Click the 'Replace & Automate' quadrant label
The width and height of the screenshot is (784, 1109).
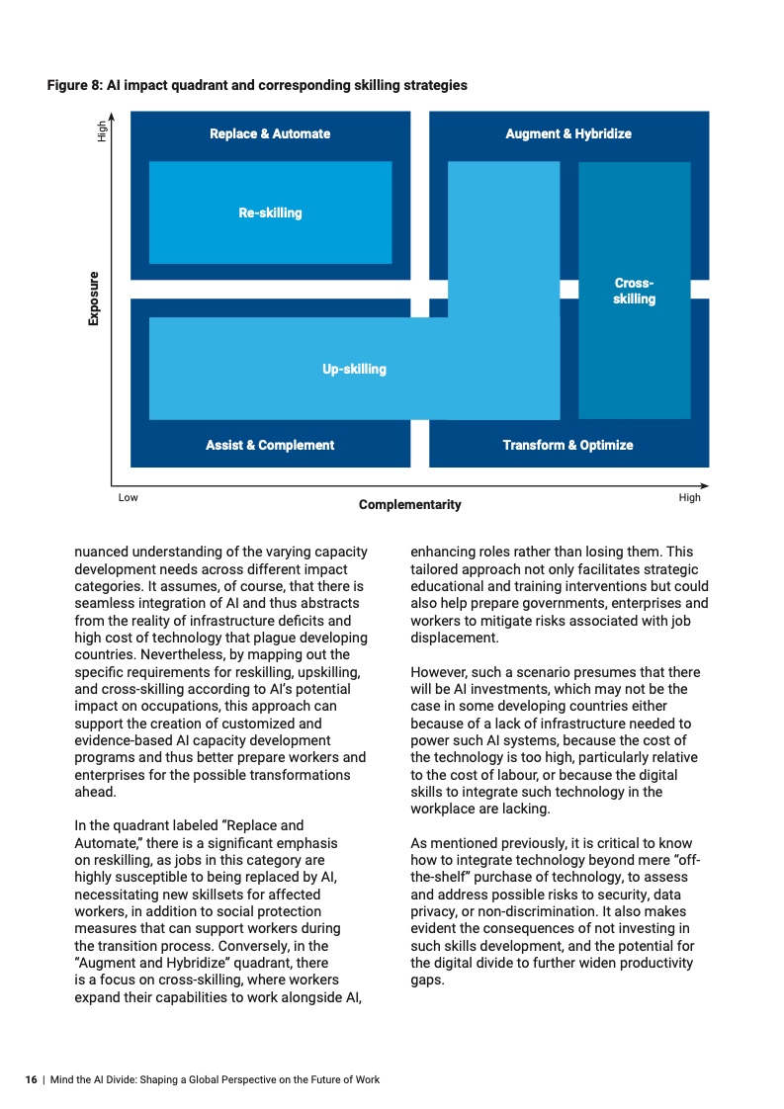coord(270,133)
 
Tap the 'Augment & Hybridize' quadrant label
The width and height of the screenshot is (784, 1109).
coord(567,133)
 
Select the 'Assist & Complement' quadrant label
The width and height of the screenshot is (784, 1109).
coord(270,445)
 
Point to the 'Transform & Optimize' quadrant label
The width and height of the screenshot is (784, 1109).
coord(567,445)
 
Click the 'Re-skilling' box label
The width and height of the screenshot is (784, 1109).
coord(270,213)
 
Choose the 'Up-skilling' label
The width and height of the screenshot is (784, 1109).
coord(354,369)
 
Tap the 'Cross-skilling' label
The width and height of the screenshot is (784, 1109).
coord(634,291)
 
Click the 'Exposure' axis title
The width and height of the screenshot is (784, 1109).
coord(94,299)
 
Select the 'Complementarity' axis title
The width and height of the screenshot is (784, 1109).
coord(409,505)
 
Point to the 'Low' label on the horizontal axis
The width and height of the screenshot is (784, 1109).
coord(128,497)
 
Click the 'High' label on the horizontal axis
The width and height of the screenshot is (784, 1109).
coord(689,497)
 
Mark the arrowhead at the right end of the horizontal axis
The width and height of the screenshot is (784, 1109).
coord(705,485)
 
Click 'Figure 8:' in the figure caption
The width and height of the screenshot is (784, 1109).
coord(79,86)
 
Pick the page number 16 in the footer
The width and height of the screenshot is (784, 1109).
coord(31,1079)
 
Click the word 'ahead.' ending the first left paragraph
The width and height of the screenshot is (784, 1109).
coord(96,792)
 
